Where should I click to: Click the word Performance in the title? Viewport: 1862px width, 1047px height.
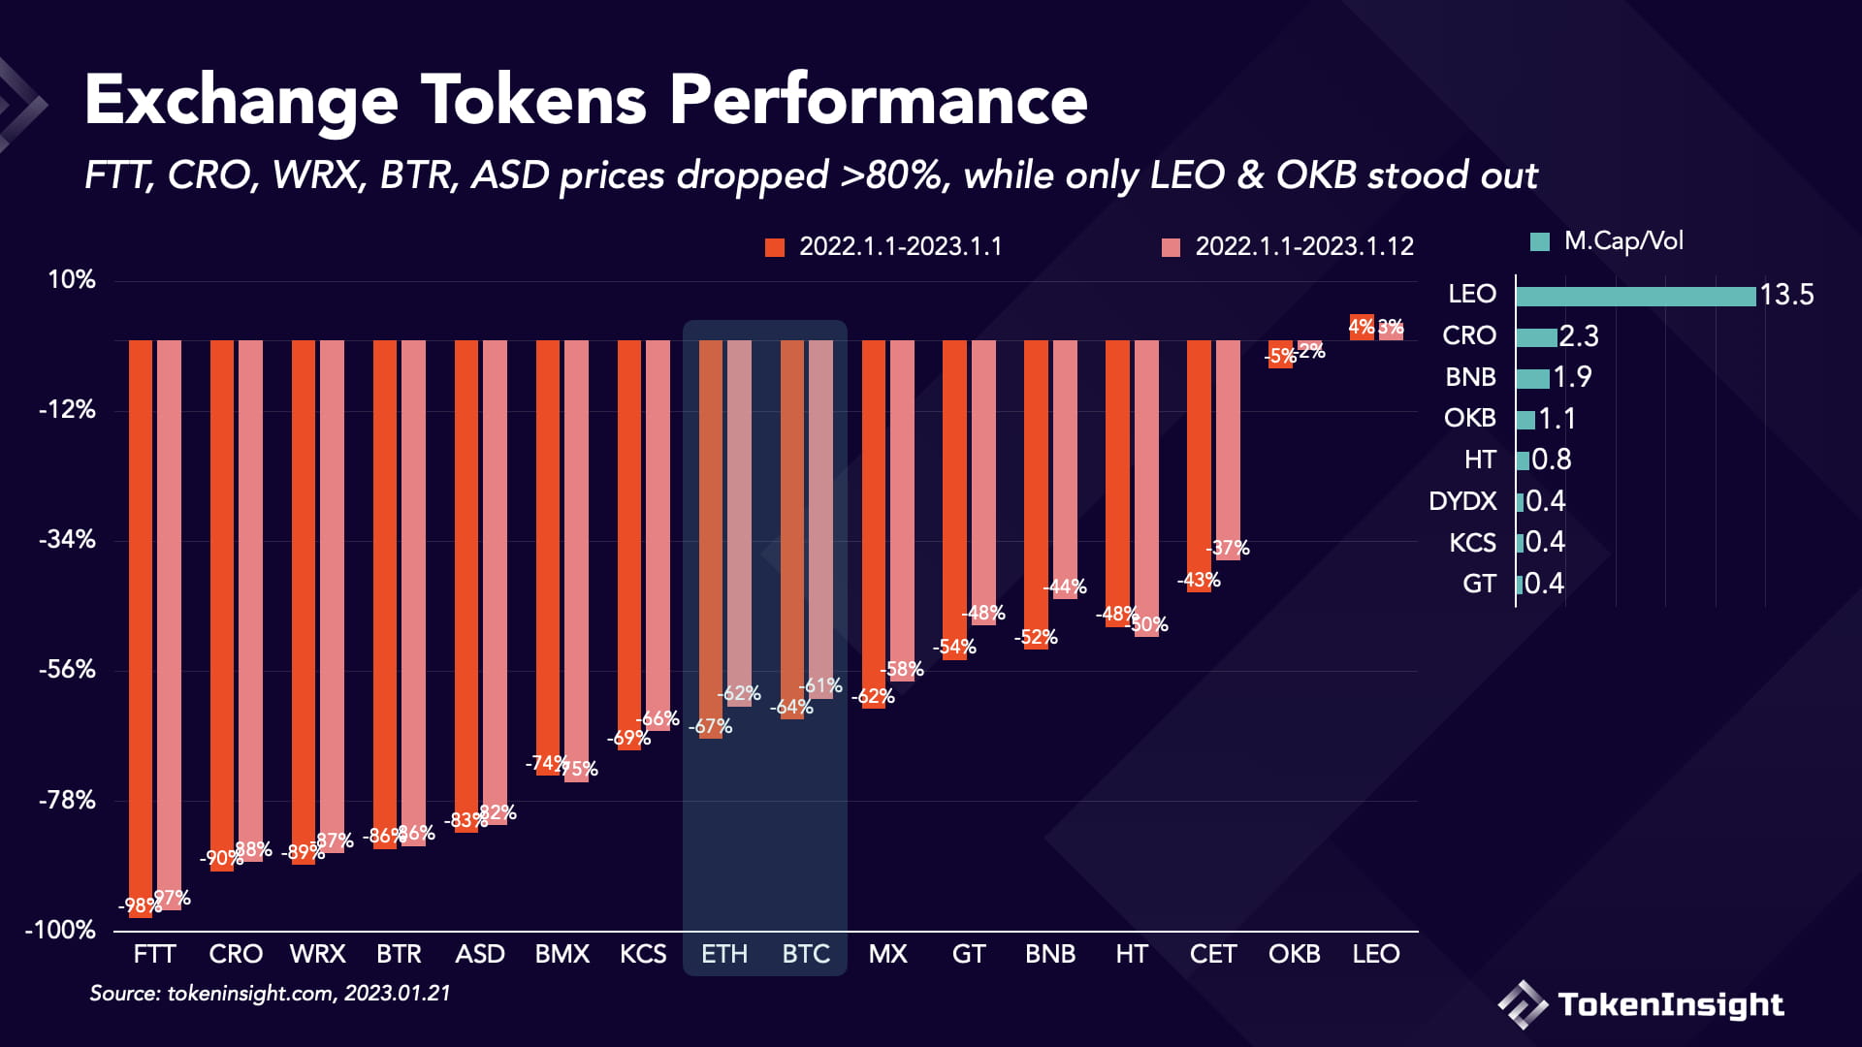click(x=878, y=101)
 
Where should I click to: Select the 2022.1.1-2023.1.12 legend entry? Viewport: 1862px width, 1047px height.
click(x=1288, y=247)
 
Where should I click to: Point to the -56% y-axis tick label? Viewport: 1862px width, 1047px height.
click(x=67, y=670)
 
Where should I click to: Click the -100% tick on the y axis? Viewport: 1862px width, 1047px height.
click(x=60, y=931)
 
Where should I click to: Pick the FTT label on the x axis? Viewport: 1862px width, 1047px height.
click(x=154, y=955)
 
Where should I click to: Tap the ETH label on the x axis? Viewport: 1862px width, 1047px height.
click(x=724, y=955)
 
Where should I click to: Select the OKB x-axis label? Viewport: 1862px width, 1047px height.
click(x=1294, y=955)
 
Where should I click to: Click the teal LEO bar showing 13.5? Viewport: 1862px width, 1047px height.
click(x=1635, y=296)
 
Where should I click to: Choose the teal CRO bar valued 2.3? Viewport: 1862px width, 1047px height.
click(x=1536, y=337)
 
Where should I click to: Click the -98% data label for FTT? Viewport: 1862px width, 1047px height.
click(x=140, y=906)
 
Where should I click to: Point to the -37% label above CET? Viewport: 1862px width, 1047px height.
click(x=1228, y=549)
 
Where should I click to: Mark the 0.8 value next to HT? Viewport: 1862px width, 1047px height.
click(x=1552, y=460)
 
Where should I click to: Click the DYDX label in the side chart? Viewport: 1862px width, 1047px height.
click(x=1462, y=501)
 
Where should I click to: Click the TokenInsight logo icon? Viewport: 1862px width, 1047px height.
click(x=1523, y=1004)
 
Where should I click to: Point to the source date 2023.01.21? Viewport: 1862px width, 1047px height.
click(x=398, y=994)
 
